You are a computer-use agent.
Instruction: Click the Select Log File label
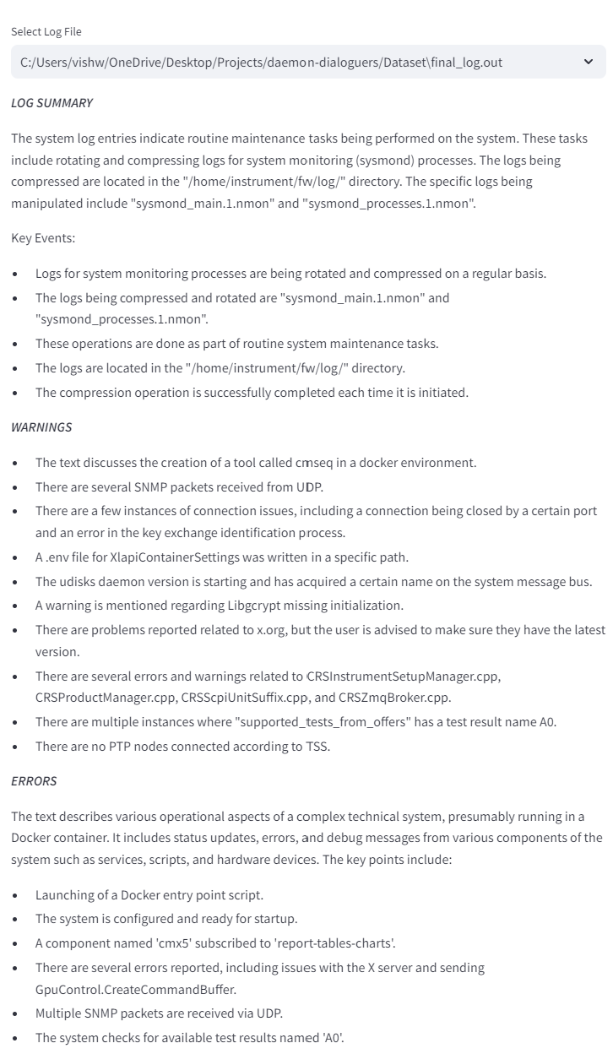(46, 32)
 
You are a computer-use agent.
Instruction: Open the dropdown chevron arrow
(589, 62)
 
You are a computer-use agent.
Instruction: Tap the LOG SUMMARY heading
(52, 103)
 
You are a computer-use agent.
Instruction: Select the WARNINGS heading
(41, 427)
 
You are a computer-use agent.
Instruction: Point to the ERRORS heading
(34, 781)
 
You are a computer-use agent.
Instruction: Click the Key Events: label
(43, 238)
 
